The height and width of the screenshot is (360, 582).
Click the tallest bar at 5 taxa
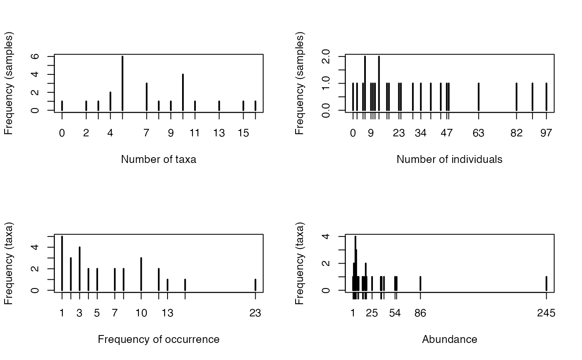[x=122, y=83]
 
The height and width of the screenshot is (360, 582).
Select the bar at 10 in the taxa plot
[x=183, y=92]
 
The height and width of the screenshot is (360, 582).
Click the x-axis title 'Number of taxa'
[x=158, y=159]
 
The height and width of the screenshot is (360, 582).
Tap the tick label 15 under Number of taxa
[x=243, y=133]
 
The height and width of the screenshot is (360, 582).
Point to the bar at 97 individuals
[x=546, y=97]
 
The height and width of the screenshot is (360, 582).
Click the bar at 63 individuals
[x=478, y=97]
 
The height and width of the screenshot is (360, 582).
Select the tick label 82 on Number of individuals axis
[x=516, y=133]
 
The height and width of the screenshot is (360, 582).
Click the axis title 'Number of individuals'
[x=449, y=159]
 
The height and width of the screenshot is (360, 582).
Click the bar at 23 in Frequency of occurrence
[x=255, y=285]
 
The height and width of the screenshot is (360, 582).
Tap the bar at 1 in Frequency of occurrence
[x=62, y=263]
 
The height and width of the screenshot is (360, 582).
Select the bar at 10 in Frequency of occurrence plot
[x=141, y=274]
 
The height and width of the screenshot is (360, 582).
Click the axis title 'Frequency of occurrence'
[x=158, y=339]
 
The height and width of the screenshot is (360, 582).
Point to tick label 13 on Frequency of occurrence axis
[x=168, y=313]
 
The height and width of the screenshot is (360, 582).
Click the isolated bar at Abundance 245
[x=546, y=284]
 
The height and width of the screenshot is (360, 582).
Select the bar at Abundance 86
[x=420, y=284]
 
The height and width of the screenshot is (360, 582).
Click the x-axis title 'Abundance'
[x=449, y=339]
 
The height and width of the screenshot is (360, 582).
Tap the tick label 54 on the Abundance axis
[x=395, y=313]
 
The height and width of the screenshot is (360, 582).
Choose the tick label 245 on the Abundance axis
[x=546, y=313]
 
